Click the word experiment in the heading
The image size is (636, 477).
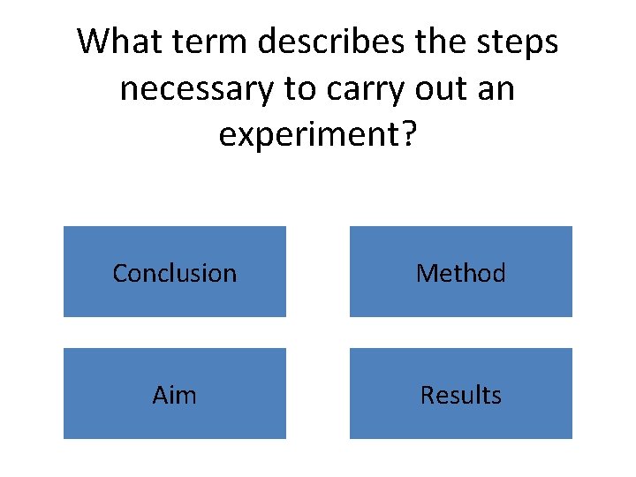click(x=307, y=136)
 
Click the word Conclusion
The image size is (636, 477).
click(x=175, y=273)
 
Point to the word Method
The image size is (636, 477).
click(x=461, y=273)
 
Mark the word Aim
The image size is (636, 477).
click(x=175, y=395)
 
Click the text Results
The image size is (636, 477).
click(x=461, y=395)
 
